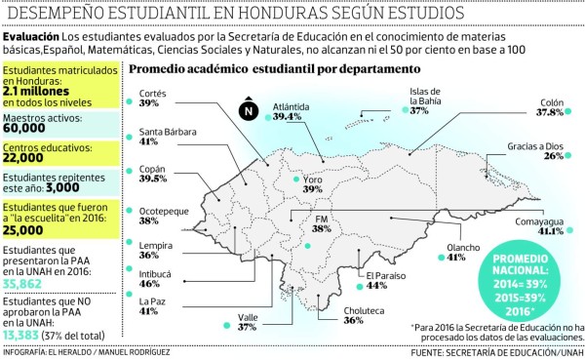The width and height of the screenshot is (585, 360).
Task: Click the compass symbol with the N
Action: (248, 110)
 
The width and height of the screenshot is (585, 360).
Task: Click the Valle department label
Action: (248, 317)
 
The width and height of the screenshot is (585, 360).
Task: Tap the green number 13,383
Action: (27, 336)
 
